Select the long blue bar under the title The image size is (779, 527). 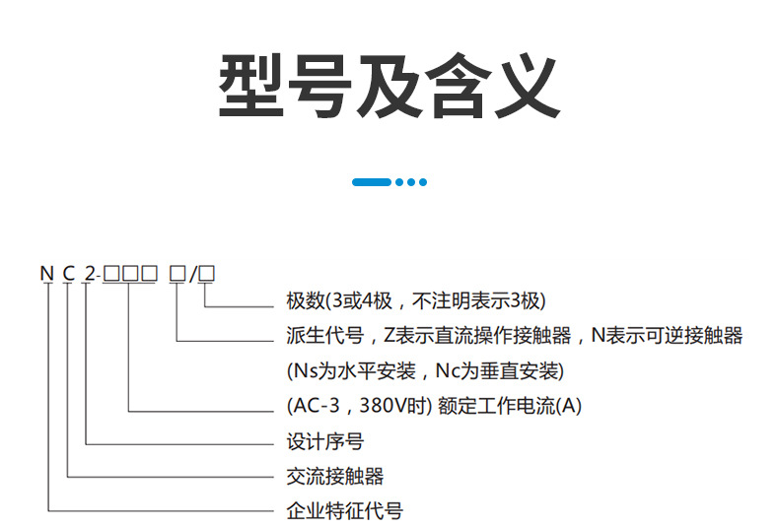(x=372, y=181)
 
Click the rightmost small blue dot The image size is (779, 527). (x=423, y=181)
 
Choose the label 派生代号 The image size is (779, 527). (x=318, y=336)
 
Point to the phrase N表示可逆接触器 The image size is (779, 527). (x=667, y=336)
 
